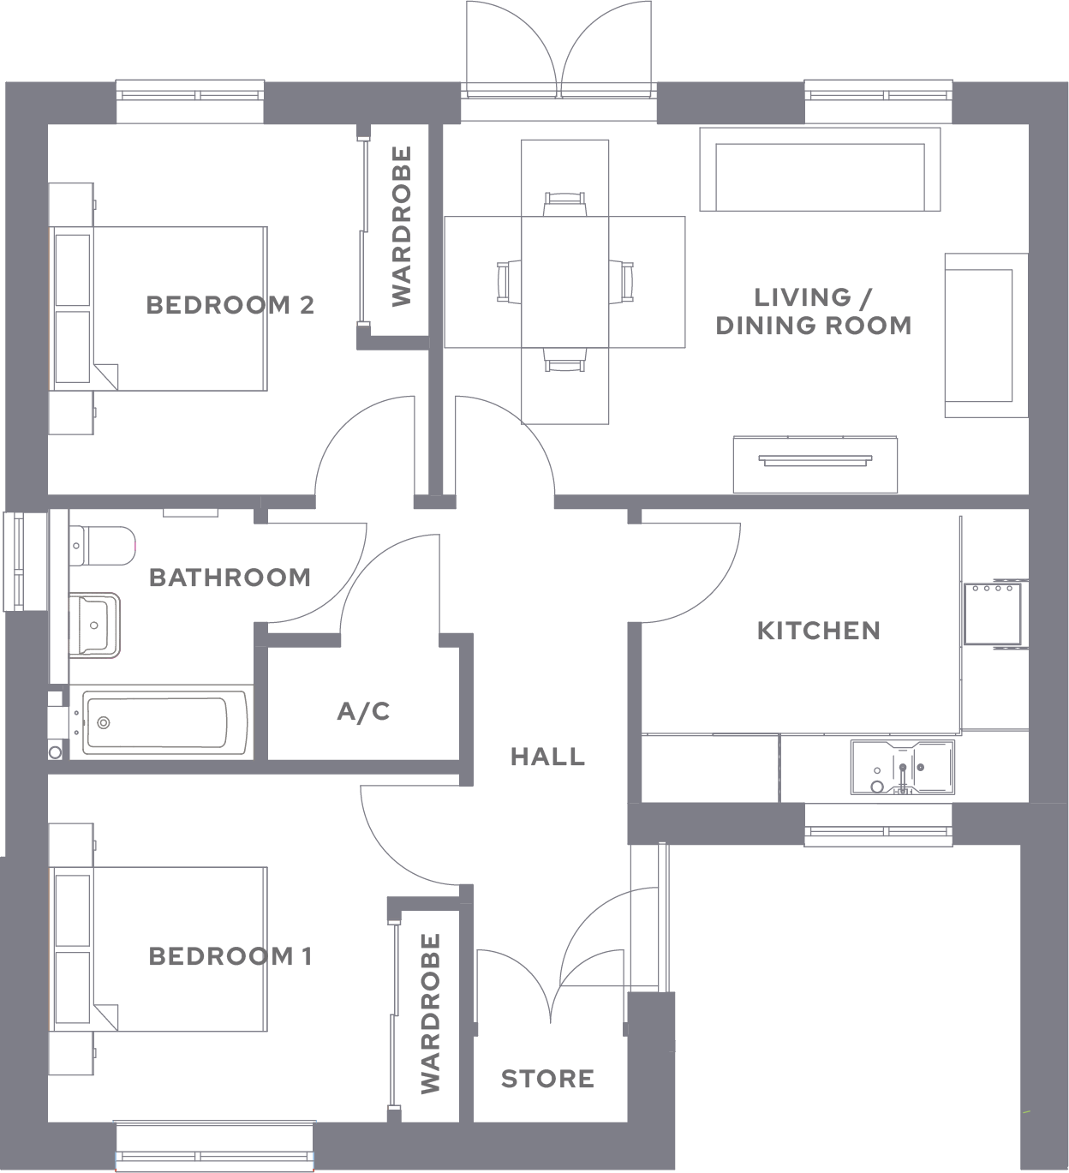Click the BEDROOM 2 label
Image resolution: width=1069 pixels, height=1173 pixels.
(x=230, y=305)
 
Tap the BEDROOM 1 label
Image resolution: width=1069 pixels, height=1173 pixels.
(x=230, y=956)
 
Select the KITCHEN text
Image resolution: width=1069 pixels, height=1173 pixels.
(x=819, y=631)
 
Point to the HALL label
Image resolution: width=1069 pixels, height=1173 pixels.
(x=547, y=757)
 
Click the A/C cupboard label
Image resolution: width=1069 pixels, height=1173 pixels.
(x=363, y=711)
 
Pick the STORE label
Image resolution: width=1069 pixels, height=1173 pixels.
(x=547, y=1079)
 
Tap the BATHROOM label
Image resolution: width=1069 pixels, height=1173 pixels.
(x=230, y=578)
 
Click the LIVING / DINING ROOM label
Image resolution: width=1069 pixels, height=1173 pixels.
(x=814, y=312)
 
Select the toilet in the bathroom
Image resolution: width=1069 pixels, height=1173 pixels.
(x=102, y=546)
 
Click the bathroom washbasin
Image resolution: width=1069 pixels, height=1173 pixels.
(x=95, y=625)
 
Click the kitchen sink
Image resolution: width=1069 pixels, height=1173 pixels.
(x=903, y=767)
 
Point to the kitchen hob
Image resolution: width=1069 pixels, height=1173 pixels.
(x=993, y=613)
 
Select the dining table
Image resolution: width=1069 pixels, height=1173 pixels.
(x=565, y=282)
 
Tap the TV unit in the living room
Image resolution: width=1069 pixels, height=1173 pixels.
(x=815, y=464)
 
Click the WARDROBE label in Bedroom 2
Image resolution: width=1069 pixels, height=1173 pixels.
(x=402, y=226)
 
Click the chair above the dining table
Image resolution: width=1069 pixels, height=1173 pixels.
(x=565, y=205)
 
